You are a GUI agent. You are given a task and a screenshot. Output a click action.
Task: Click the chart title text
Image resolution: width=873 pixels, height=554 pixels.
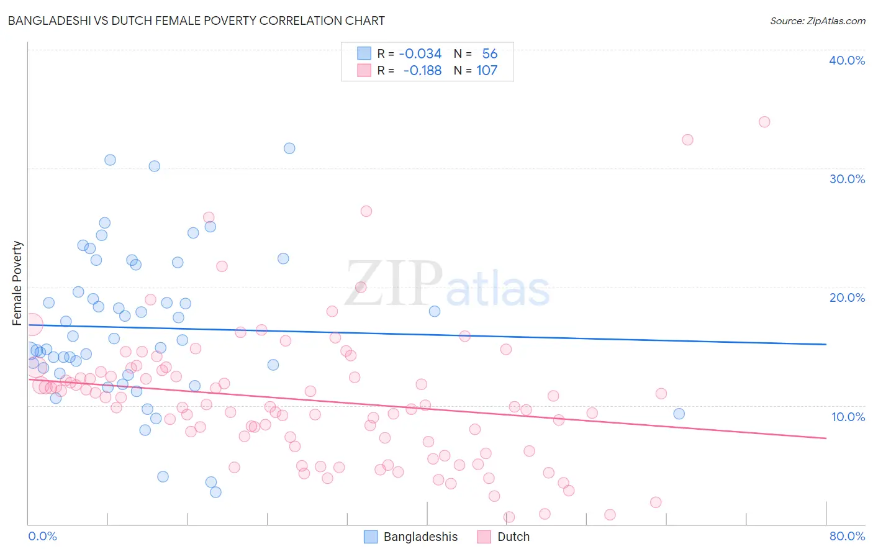pos(196,20)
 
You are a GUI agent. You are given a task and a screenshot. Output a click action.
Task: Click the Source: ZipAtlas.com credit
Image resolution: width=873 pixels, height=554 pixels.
pos(817,20)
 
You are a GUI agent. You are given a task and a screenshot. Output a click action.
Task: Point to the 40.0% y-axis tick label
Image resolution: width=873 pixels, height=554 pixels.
pos(846,60)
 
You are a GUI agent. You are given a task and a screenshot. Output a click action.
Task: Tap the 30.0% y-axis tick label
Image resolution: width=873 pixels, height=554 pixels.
pos(846,179)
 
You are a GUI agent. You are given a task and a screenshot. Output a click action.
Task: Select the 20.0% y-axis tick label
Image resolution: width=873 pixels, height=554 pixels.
pos(846,297)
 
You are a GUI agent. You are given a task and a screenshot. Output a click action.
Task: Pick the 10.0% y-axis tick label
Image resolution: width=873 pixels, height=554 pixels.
pos(848,417)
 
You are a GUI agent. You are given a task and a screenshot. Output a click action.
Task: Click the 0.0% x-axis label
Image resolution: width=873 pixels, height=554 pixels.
pos(42,536)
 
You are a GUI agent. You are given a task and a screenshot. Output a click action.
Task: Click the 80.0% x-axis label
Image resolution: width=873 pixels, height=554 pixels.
pos(847,536)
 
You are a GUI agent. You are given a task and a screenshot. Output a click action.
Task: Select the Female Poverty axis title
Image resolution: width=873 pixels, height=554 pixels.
pos(17,283)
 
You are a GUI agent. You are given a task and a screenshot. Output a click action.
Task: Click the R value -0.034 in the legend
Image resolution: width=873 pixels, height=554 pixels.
pos(420,53)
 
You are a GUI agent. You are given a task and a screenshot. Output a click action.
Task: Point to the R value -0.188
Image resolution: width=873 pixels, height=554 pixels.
pos(422,70)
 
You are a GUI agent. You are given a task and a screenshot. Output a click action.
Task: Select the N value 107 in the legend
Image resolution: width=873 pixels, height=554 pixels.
pos(487,70)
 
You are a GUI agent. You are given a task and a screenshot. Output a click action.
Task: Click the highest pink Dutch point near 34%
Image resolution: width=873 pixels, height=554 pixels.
pos(764,122)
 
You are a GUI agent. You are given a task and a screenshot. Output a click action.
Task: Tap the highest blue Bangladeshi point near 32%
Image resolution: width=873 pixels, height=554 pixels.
pos(289,148)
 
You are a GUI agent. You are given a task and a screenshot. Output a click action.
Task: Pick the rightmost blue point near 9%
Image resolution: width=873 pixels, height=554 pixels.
pos(679,414)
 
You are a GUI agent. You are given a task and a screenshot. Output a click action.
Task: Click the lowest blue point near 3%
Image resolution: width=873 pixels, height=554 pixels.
pos(215,492)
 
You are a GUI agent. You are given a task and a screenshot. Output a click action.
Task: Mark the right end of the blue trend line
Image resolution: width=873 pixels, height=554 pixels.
pos(826,344)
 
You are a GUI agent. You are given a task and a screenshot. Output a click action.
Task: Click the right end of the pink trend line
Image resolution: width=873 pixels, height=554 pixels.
pos(826,438)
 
